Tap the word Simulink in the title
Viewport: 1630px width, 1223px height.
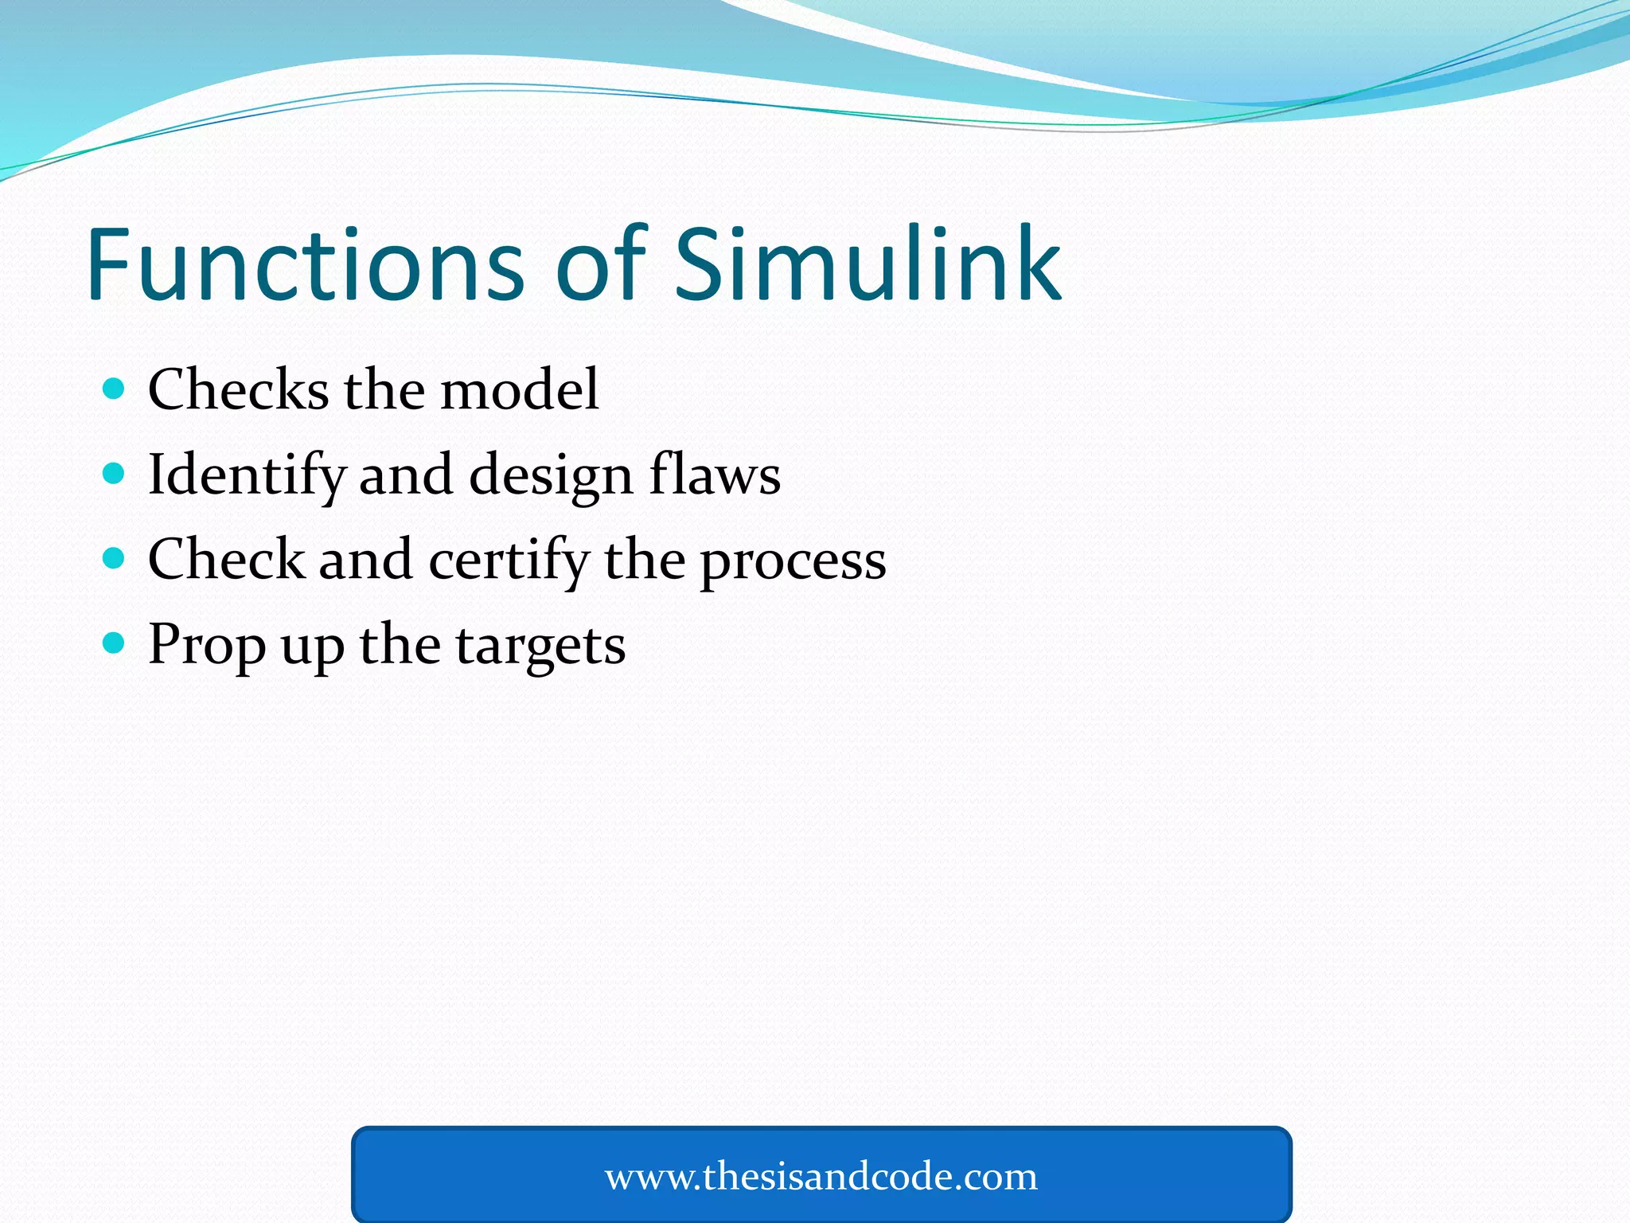(868, 264)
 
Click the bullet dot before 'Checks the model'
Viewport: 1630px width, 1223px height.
(115, 389)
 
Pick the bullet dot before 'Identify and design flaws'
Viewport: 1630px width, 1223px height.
(115, 474)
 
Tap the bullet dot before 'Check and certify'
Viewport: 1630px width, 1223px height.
(115, 558)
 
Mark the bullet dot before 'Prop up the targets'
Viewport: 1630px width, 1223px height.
(115, 643)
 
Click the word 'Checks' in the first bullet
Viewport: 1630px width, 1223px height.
(238, 389)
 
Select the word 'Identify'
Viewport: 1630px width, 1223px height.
(246, 475)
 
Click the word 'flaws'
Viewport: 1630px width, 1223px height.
(714, 474)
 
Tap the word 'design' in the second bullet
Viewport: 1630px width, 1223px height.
(551, 475)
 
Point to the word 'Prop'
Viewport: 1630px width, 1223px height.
(206, 645)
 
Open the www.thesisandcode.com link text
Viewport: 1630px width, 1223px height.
(821, 1176)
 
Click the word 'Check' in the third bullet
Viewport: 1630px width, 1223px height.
(226, 559)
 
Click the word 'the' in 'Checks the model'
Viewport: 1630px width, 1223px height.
(384, 389)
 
